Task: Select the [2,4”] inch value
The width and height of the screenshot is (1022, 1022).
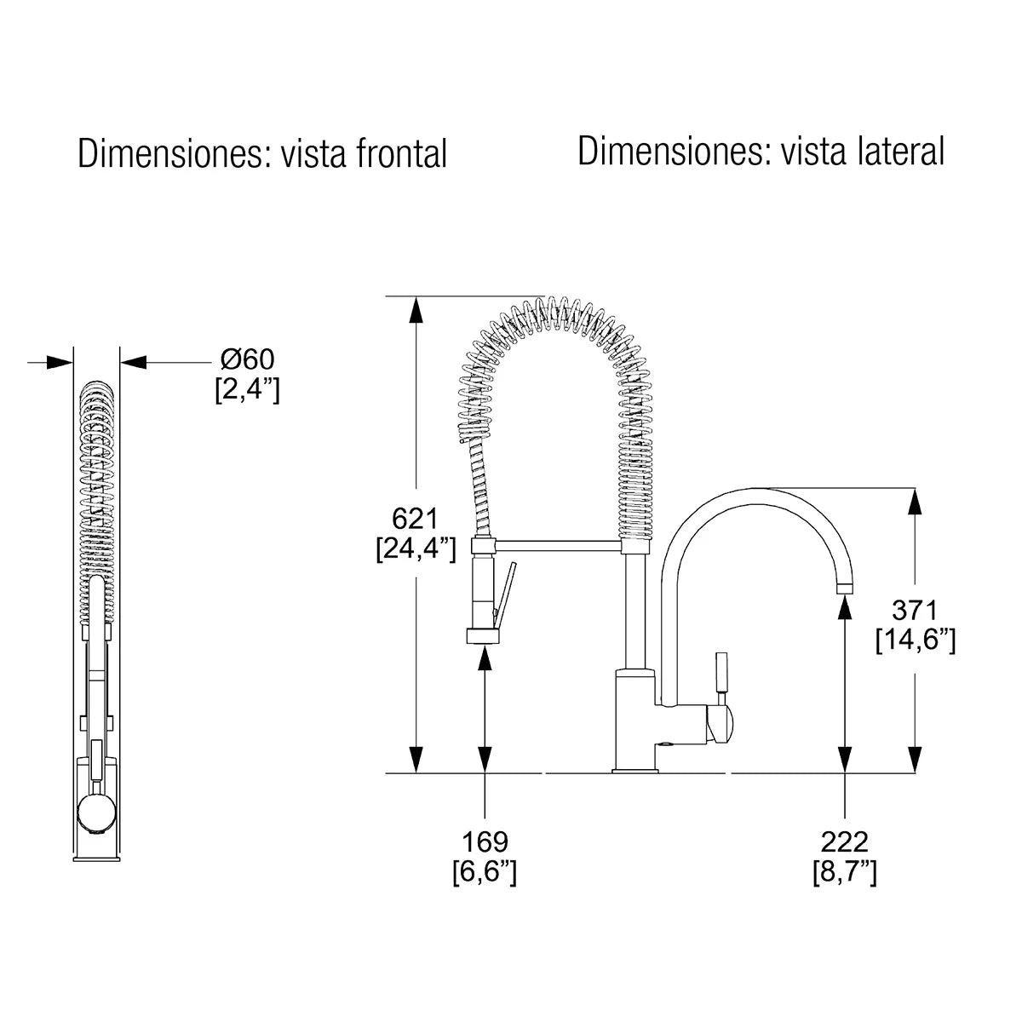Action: coord(247,391)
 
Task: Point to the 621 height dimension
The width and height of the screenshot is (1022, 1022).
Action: coord(414,518)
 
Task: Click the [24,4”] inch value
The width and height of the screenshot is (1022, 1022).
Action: coord(416,548)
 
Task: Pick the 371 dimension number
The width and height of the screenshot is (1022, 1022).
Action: coord(914,610)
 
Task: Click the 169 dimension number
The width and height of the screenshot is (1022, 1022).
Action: coord(485,841)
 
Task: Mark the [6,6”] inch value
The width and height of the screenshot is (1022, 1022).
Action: coord(485,872)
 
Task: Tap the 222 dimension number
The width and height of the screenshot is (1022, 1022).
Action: coord(844,841)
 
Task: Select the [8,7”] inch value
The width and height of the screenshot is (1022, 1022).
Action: coord(844,872)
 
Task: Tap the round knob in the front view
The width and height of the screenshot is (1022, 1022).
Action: coord(95,813)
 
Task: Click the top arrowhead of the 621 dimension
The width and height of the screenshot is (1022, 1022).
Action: coord(416,309)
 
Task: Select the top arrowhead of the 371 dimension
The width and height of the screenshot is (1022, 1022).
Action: coord(915,501)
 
